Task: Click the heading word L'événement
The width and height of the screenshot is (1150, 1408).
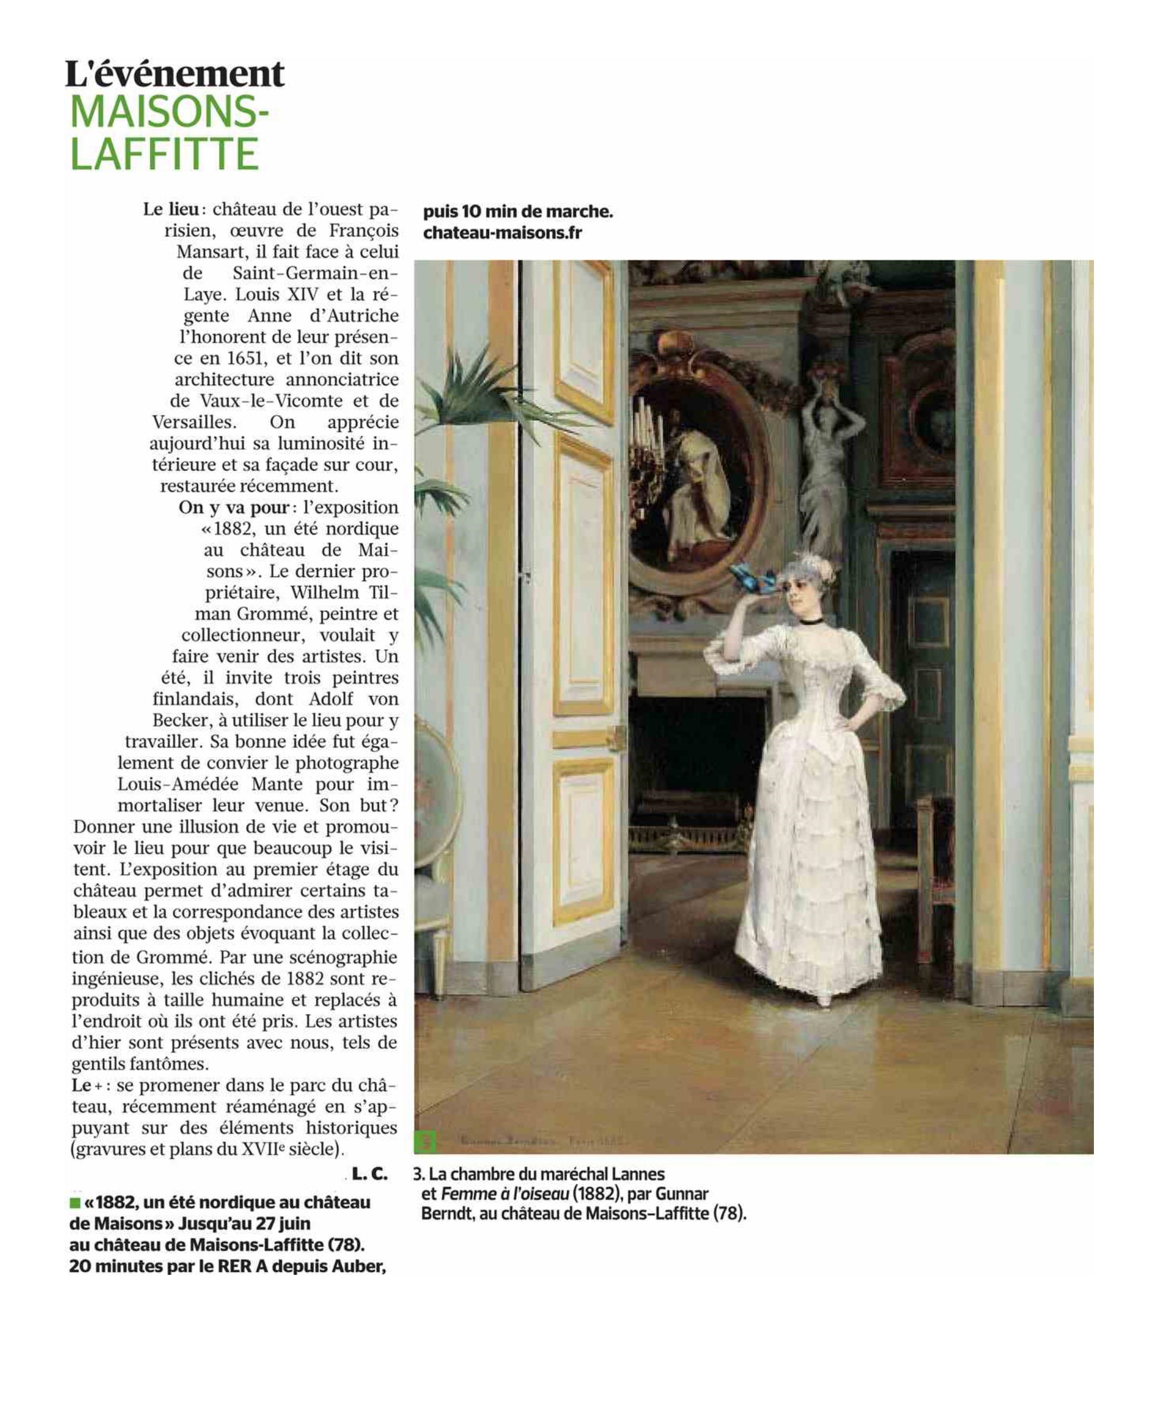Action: tap(175, 75)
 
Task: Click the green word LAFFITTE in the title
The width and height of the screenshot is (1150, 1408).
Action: tap(164, 154)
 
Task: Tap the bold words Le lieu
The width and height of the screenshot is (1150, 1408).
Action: tap(171, 209)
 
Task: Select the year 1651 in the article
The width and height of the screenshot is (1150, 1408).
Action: tap(246, 358)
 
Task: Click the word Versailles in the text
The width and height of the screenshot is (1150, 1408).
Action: tap(193, 422)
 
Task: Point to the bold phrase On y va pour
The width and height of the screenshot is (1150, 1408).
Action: tap(234, 507)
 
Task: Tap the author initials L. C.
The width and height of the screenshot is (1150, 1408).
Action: tap(369, 1174)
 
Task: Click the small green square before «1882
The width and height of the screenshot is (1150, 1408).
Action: tap(75, 1202)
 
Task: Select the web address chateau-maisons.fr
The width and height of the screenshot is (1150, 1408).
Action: tap(502, 233)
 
